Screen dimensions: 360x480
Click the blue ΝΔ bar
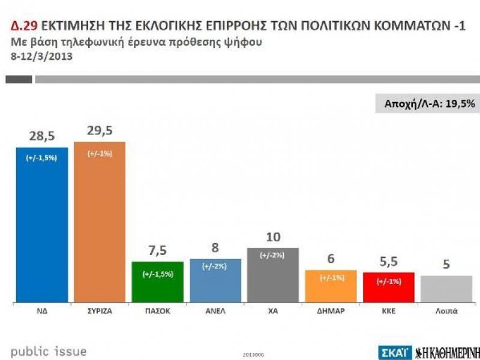pyautogui.click(x=41, y=225)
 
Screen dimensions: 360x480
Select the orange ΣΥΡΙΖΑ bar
pyautogui.click(x=99, y=222)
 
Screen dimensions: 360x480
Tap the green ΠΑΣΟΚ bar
pyautogui.click(x=158, y=281)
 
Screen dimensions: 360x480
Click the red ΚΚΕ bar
pyautogui.click(x=389, y=286)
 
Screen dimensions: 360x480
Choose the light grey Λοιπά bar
pyautogui.click(x=446, y=288)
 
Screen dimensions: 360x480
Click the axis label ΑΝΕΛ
pyautogui.click(x=215, y=311)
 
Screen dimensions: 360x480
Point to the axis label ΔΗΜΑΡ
pyautogui.click(x=331, y=311)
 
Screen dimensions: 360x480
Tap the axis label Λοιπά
pyautogui.click(x=446, y=311)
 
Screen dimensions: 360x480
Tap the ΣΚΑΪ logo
pyautogui.click(x=394, y=352)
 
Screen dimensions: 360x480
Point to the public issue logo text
pyautogui.click(x=48, y=352)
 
